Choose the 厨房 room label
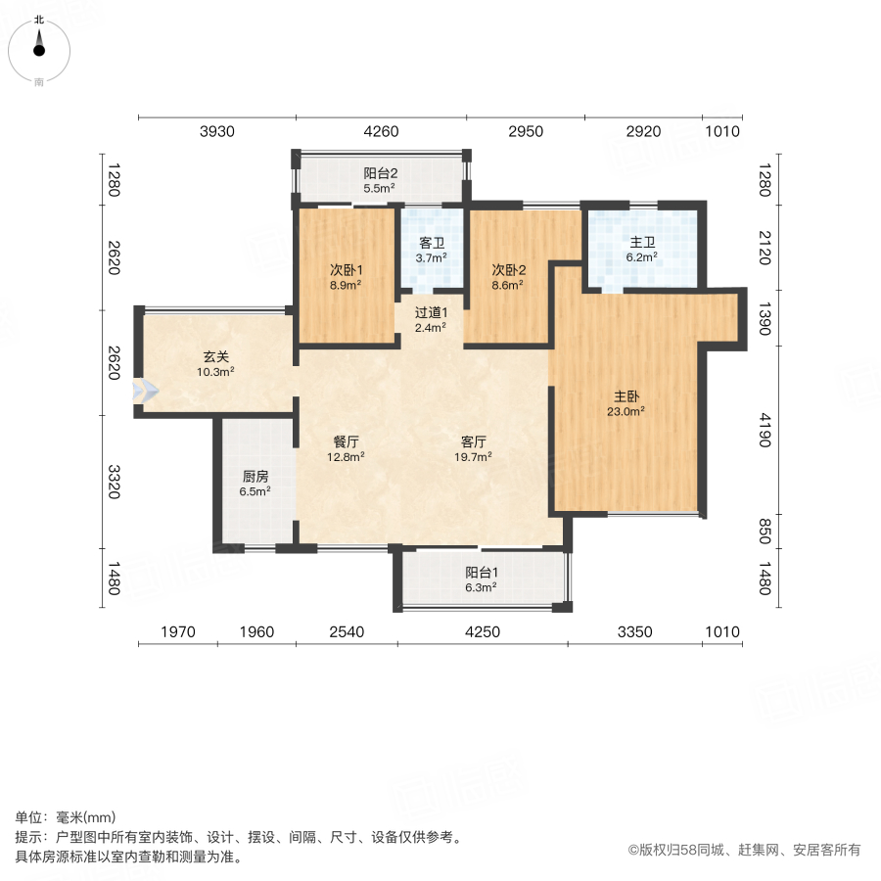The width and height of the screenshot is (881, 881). [255, 477]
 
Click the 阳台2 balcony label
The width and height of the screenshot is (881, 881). [380, 173]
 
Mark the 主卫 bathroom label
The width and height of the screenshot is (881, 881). [642, 244]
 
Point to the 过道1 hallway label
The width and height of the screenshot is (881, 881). [431, 313]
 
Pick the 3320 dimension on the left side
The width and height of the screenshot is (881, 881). [114, 484]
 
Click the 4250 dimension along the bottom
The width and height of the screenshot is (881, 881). [482, 632]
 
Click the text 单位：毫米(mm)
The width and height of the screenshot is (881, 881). [66, 818]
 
